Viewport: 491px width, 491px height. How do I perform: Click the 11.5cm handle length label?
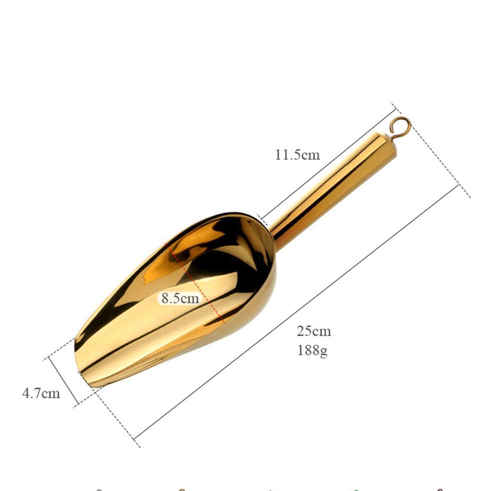click(297, 155)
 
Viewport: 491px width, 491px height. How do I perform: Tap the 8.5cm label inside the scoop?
click(180, 298)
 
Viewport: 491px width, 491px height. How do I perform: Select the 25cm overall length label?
click(314, 331)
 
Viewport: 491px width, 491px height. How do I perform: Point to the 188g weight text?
click(313, 350)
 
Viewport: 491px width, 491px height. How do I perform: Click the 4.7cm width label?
click(41, 394)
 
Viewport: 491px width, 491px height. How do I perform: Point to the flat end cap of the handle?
click(389, 144)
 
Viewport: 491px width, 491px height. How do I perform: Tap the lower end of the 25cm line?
click(136, 438)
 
